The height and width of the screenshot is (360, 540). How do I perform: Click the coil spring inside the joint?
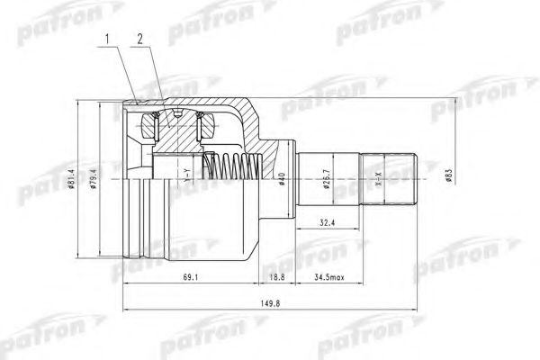pos(232,167)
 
